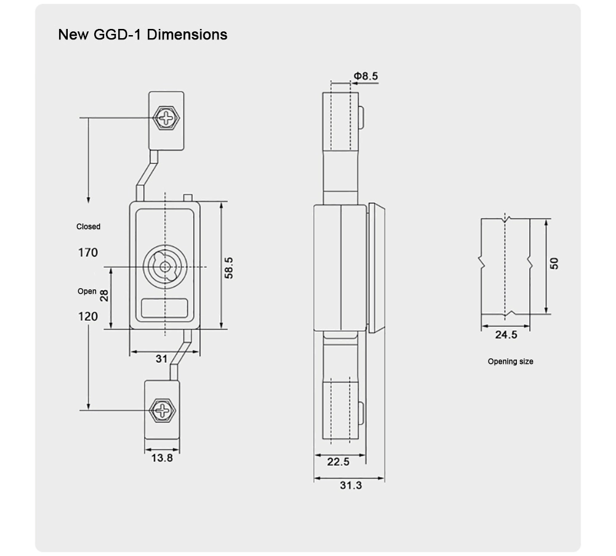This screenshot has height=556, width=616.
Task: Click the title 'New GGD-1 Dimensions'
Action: pyautogui.click(x=142, y=34)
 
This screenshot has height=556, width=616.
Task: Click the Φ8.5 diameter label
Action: pyautogui.click(x=366, y=76)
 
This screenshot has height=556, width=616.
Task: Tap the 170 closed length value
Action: pyautogui.click(x=88, y=252)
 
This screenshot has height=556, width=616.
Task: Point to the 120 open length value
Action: pyautogui.click(x=88, y=316)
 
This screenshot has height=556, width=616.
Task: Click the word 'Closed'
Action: pyautogui.click(x=88, y=227)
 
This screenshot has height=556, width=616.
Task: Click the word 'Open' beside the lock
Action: pyautogui.click(x=87, y=291)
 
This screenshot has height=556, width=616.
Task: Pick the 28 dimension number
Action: pyautogui.click(x=104, y=296)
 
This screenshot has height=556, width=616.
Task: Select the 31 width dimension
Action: pyautogui.click(x=161, y=358)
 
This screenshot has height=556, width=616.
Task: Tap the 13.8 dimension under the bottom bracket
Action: pyautogui.click(x=162, y=457)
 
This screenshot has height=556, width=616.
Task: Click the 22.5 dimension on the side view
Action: pyautogui.click(x=338, y=462)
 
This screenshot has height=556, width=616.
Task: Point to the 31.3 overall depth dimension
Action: pyautogui.click(x=351, y=485)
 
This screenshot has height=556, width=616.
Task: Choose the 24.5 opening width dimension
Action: pyautogui.click(x=506, y=335)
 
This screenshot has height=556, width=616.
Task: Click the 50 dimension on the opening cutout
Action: pyautogui.click(x=554, y=263)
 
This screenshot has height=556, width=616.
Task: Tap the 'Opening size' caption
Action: pyautogui.click(x=511, y=361)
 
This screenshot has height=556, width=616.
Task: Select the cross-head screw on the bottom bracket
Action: pyautogui.click(x=163, y=409)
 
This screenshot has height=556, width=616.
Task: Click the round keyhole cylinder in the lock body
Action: pyautogui.click(x=164, y=267)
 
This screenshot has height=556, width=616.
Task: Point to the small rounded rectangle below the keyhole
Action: pyautogui.click(x=164, y=307)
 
